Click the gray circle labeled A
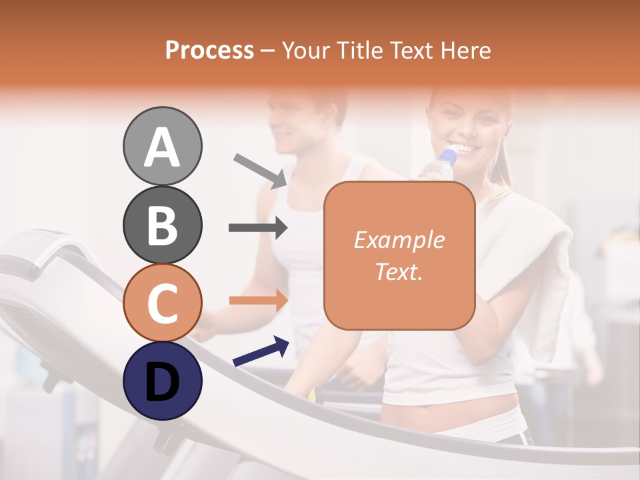point(162,146)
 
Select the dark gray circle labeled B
point(162,225)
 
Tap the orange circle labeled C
point(162,303)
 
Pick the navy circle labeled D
point(162,381)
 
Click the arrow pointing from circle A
point(260,169)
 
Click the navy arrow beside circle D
point(261,352)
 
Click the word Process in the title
point(209,51)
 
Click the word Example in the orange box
point(399,240)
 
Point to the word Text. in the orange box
point(399,272)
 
